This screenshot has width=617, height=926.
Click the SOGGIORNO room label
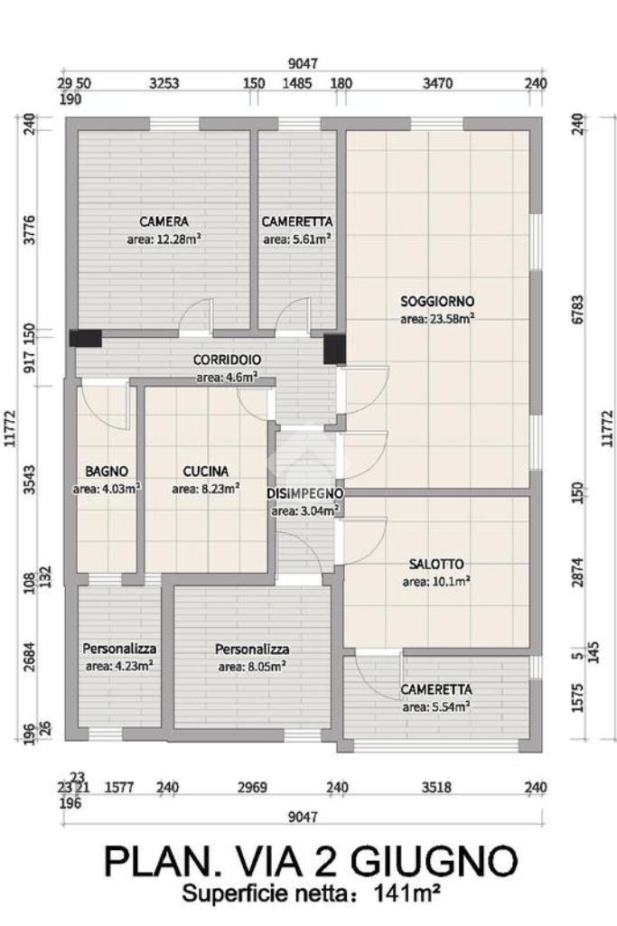coord(437,301)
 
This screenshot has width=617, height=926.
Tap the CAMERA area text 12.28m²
coord(164,239)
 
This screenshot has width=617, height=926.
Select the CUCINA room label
coord(205,472)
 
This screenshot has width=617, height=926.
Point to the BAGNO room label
coord(107,472)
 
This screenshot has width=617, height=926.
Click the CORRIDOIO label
coord(227,360)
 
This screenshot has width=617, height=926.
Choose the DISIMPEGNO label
coord(304,493)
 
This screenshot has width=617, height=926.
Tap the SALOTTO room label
coord(436,564)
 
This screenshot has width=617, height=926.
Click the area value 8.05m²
coord(252,667)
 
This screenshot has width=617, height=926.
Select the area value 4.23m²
coord(120,666)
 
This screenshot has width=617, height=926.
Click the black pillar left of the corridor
coord(86,339)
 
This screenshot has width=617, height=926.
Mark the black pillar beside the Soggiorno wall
coord(334,349)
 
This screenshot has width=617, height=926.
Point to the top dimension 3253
coord(164,83)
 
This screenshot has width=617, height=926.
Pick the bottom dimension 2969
coord(251,787)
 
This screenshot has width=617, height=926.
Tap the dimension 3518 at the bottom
coord(437,787)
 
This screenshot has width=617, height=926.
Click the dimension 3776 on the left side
coord(28,229)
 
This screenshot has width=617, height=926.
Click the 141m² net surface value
coord(407,893)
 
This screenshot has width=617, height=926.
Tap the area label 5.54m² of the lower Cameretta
coord(436,706)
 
